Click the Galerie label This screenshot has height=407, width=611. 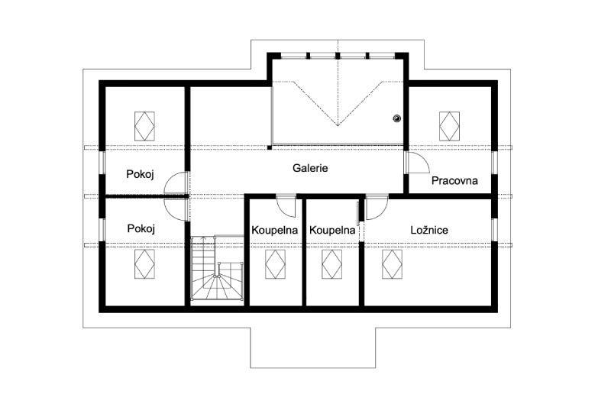coord(310,168)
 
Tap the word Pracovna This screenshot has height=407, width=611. coord(454,180)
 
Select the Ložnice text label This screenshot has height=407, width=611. coord(429,230)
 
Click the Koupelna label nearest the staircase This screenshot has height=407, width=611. coord(275,230)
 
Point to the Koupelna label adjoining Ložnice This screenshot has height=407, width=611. coord(332,230)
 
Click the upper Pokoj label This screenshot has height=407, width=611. coord(140,174)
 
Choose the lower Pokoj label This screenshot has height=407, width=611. coord(141,228)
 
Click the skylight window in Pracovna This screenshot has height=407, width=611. coord(449,126)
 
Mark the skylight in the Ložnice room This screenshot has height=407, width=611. coord(392,264)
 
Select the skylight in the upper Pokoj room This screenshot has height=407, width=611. coord(144,126)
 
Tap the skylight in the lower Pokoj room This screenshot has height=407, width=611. coord(144,264)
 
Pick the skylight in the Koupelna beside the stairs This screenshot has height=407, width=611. coord(275,264)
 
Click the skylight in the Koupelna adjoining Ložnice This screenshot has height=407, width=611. coord(332,264)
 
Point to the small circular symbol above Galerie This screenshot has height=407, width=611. coord(396,118)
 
